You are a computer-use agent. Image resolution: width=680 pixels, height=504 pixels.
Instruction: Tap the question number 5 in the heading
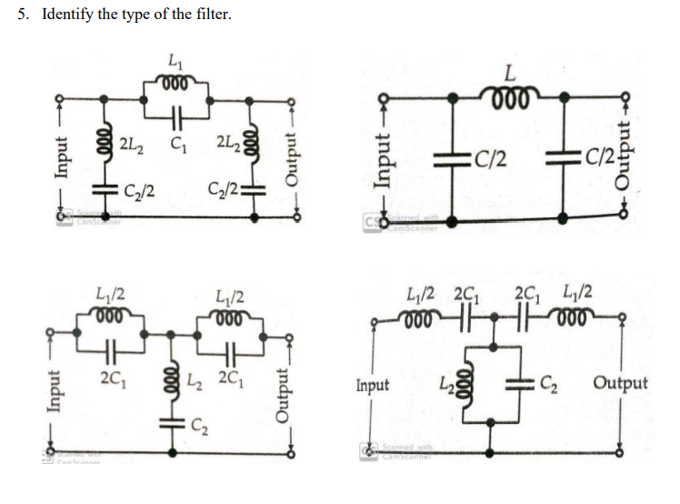24,14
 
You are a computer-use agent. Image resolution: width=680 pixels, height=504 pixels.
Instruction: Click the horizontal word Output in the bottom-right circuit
620,383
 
